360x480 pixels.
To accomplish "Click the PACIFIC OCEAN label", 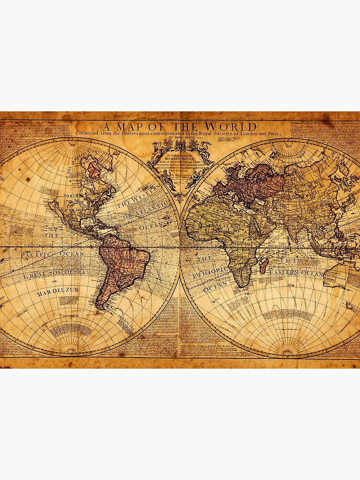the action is pos(53,253).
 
